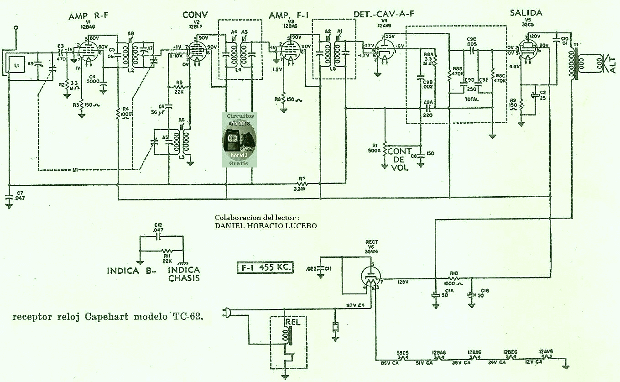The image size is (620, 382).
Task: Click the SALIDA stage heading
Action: tap(526, 13)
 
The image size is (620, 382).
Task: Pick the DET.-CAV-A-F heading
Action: tap(384, 14)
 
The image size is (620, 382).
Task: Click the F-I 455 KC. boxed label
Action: tap(265, 267)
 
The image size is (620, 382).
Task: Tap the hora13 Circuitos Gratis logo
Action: tap(239, 139)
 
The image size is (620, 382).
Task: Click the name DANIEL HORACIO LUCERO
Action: tap(266, 226)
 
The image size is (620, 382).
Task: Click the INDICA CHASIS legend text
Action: tap(184, 274)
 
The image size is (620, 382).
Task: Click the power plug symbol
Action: tap(226, 313)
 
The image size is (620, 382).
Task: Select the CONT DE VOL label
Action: tap(401, 159)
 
